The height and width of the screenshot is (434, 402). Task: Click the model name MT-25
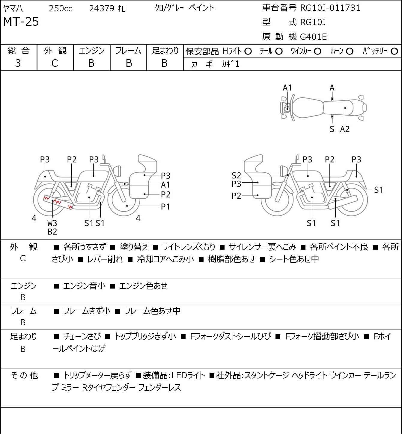coord(21,22)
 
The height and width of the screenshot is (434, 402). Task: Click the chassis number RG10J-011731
coord(330,8)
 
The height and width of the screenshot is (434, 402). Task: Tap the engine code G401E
coord(313,37)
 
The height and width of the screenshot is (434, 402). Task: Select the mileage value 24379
coord(102,8)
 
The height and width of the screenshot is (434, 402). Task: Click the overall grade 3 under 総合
coord(18,63)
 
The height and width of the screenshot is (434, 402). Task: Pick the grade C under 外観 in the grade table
coord(55,63)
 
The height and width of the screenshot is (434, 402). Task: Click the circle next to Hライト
coord(248,51)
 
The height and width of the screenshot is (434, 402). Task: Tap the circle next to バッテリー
coord(394,51)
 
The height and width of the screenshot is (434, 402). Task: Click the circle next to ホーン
coord(350,51)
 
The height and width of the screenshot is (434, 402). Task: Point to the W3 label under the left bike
coord(52,223)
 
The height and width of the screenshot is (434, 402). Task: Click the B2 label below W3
coord(52,231)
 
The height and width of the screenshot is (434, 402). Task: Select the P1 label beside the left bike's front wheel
coord(165,207)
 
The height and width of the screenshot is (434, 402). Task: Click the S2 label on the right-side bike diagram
coord(236,175)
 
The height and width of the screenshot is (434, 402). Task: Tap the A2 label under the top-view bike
coord(345,129)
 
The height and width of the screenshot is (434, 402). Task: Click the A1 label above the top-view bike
coord(287,88)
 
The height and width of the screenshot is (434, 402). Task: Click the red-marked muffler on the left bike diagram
coord(58,202)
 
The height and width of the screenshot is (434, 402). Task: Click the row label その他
coord(24,375)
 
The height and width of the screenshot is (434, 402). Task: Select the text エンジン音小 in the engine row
coord(84,286)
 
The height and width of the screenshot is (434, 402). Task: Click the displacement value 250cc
coord(61,8)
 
